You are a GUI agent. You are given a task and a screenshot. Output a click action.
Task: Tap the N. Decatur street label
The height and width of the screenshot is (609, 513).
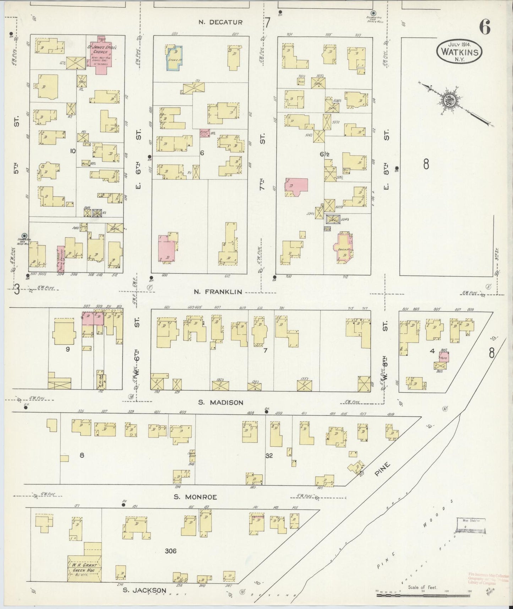(220, 22)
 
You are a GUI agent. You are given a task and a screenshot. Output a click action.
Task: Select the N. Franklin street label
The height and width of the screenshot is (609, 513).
(218, 292)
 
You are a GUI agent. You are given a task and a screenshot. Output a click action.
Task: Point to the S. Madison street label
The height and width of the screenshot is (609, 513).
(220, 402)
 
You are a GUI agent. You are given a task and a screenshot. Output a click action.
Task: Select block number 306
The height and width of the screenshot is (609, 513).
(171, 551)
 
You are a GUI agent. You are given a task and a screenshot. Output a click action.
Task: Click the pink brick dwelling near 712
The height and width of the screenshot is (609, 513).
(343, 248)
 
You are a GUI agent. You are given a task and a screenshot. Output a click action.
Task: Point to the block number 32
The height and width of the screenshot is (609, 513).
(269, 456)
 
